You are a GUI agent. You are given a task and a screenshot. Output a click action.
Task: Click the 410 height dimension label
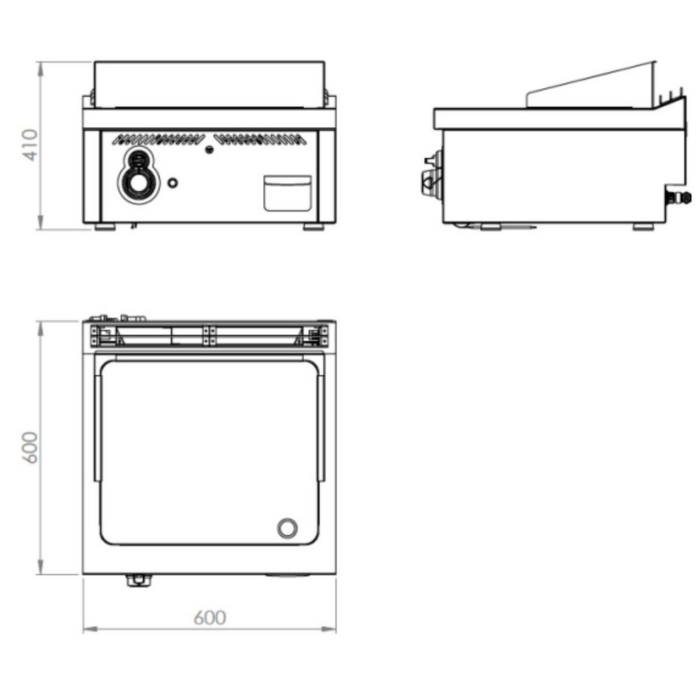point(30,144)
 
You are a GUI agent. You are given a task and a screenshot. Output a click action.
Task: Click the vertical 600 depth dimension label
point(30,447)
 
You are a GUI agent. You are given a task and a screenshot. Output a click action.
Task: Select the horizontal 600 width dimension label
point(210,617)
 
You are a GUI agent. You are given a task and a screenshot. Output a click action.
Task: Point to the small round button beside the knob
point(172,183)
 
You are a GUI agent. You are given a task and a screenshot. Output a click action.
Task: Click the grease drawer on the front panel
point(288,193)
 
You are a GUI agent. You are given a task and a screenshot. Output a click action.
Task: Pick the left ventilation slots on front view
point(158,139)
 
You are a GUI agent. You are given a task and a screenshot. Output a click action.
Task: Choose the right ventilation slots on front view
point(260,139)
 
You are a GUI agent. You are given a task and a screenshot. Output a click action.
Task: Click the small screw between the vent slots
point(209,150)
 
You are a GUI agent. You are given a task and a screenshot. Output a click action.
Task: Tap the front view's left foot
point(105,227)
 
